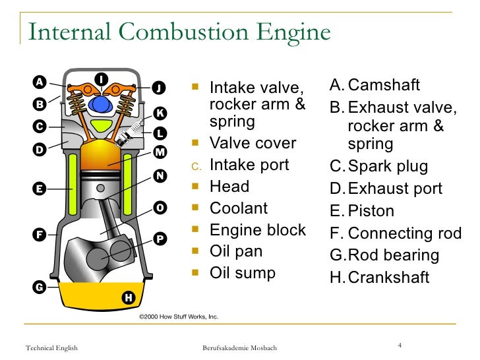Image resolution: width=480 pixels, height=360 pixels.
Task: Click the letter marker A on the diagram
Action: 40,82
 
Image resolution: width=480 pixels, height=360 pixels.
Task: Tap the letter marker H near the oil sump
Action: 129,298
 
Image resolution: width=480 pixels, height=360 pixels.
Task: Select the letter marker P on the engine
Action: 160,238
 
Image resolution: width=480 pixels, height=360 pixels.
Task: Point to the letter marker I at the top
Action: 101,79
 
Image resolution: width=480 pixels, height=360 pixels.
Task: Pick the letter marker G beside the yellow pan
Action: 40,287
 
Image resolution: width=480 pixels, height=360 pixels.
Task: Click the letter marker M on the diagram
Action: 160,153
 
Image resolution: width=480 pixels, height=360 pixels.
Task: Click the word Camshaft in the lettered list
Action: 384,86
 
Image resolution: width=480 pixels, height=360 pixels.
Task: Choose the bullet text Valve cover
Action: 253,144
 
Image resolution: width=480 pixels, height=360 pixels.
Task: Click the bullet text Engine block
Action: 257,230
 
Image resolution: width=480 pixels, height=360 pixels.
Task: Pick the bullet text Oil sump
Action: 242,273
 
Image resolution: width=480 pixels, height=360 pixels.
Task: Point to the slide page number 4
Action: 400,345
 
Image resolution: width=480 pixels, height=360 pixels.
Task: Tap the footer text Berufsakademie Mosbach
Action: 239,348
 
